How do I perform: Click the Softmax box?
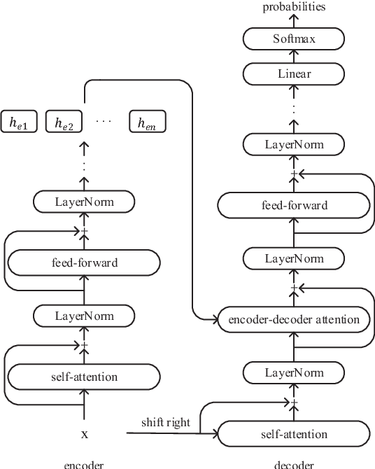coord(295,38)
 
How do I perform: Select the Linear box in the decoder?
coord(295,73)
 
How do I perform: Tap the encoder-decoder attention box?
coord(295,320)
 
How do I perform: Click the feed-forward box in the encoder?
coord(84,263)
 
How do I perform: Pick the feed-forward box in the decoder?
coord(295,205)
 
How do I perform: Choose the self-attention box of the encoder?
coord(84,377)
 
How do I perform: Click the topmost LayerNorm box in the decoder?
coord(295,145)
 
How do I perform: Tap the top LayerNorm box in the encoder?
coord(84,203)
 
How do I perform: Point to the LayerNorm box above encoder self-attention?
coord(84,316)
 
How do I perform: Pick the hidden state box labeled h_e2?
coord(64,122)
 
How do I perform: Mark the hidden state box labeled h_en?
coord(147,122)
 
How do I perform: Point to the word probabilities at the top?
coord(295,7)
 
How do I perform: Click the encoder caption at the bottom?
coord(84,464)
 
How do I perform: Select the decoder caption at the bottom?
coord(295,464)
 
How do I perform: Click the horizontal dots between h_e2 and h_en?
coord(104,120)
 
